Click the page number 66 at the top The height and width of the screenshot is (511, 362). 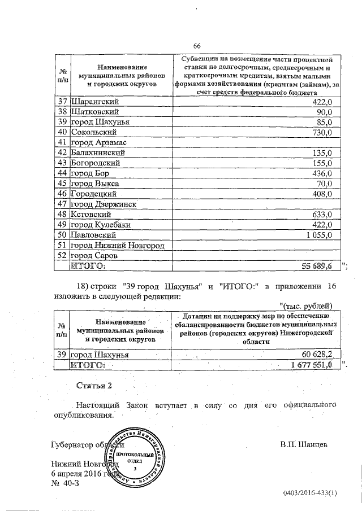(x=197, y=46)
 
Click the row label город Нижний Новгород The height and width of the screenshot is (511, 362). (x=117, y=245)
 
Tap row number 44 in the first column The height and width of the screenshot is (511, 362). (x=63, y=173)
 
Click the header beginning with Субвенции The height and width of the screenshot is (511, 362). (x=257, y=75)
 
